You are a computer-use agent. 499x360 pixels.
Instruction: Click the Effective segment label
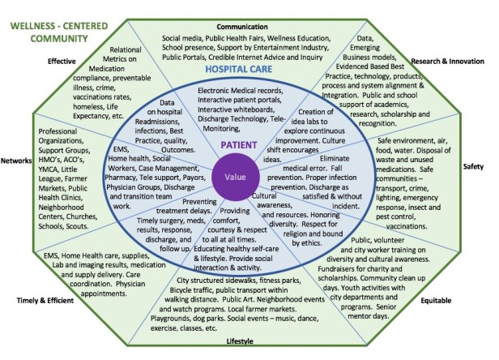click(x=62, y=60)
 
